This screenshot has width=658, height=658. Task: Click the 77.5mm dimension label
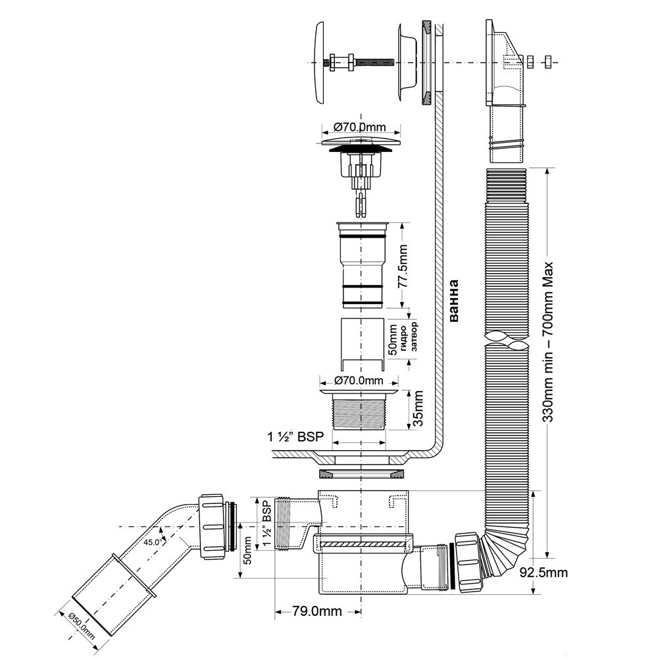pos(403,265)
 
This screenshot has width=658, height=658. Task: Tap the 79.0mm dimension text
pos(317,611)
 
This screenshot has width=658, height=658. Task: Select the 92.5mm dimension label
pos(544,572)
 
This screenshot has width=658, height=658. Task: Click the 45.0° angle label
pos(153,542)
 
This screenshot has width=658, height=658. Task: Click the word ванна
pos(453,301)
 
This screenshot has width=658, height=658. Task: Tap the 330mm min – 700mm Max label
pos(549,342)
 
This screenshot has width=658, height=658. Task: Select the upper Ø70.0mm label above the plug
pos(360,127)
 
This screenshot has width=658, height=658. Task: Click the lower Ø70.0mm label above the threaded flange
pos(359,380)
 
